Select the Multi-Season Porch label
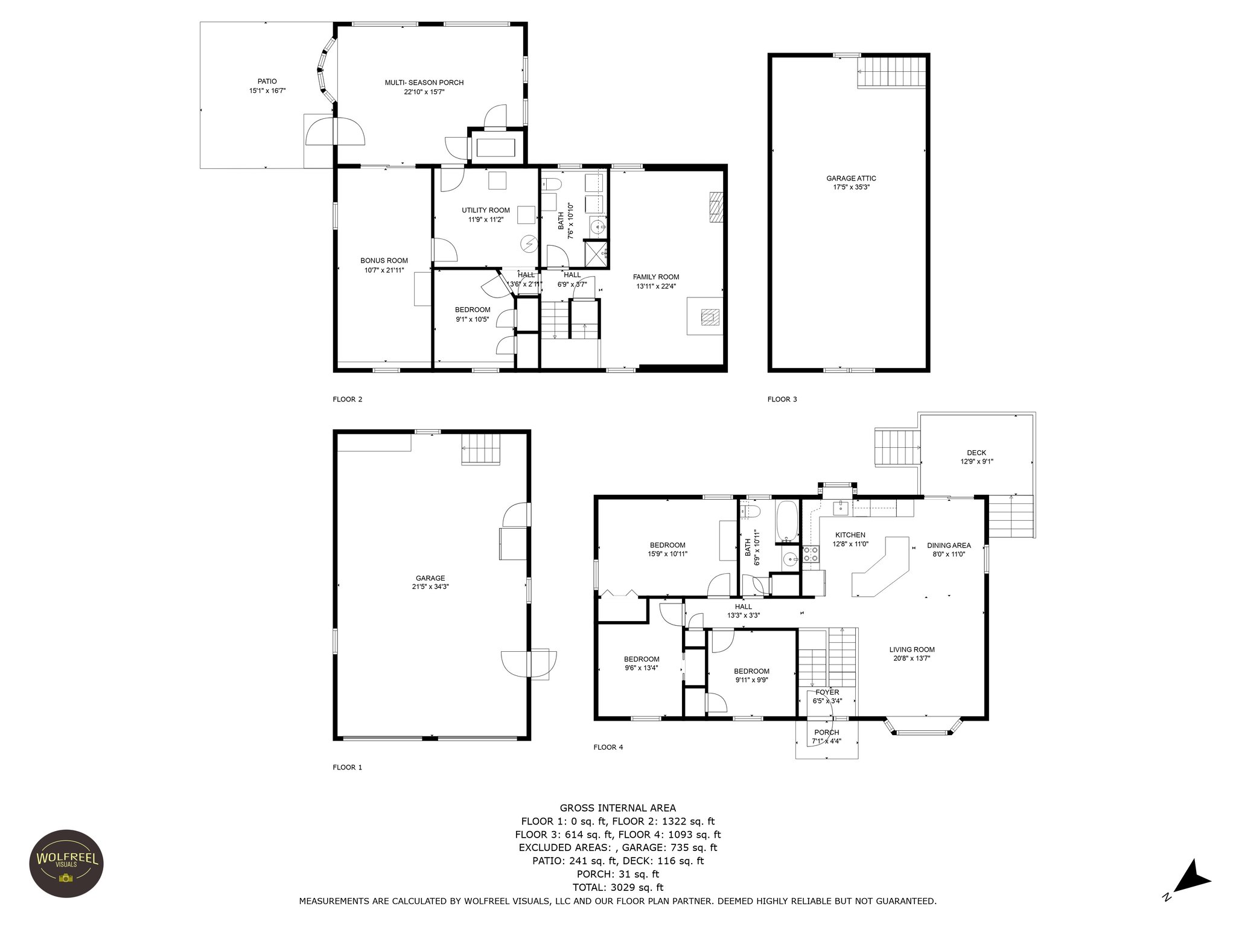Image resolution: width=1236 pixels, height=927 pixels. pyautogui.click(x=424, y=83)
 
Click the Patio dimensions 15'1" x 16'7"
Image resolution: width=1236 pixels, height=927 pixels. pyautogui.click(x=267, y=91)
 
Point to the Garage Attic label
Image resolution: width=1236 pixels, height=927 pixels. pyautogui.click(x=851, y=178)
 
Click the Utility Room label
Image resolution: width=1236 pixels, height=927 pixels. pyautogui.click(x=486, y=210)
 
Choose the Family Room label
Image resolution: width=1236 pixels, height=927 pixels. pyautogui.click(x=656, y=277)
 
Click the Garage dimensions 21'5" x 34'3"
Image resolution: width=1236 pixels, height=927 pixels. pyautogui.click(x=430, y=587)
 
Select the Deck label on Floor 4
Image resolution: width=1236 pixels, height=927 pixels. pyautogui.click(x=976, y=453)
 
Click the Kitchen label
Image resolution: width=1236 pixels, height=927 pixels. pyautogui.click(x=850, y=535)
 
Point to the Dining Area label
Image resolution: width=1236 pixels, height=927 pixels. pyautogui.click(x=949, y=546)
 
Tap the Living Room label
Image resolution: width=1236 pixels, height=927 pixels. pyautogui.click(x=911, y=650)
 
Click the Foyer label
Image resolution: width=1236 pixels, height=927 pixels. pyautogui.click(x=827, y=692)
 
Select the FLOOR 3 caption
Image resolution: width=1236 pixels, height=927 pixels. pyautogui.click(x=782, y=399)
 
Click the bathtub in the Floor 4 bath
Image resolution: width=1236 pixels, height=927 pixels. pyautogui.click(x=787, y=520)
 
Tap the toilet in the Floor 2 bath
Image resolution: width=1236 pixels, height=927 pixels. pyautogui.click(x=552, y=184)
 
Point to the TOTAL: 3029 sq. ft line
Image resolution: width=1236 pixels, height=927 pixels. pyautogui.click(x=617, y=887)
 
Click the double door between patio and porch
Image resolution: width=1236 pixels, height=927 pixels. pyautogui.click(x=335, y=132)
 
